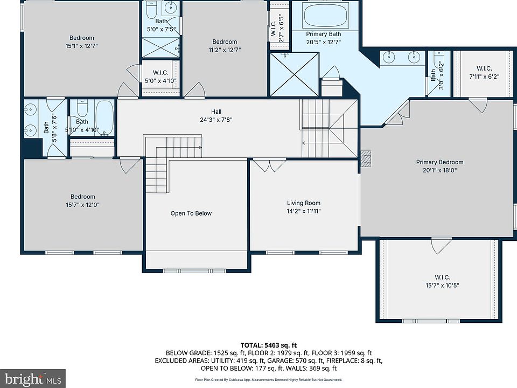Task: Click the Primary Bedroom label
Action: coord(439,162)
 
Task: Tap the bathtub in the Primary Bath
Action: coord(325,15)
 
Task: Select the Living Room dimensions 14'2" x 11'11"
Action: coord(303,211)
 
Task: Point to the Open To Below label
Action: coord(191,213)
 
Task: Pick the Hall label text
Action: coord(216,112)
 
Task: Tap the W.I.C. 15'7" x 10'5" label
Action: coord(442,281)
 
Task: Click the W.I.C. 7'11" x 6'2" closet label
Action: coord(484,73)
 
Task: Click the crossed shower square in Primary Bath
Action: coord(295,74)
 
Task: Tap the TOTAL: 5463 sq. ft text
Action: coord(268,345)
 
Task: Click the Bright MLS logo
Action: coord(33,378)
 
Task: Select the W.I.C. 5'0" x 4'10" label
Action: coord(160,77)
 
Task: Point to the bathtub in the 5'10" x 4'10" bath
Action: coord(105,118)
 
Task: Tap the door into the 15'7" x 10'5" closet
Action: coord(442,246)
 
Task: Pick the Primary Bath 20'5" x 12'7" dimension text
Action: coord(323,42)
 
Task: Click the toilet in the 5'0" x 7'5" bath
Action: coord(152,10)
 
